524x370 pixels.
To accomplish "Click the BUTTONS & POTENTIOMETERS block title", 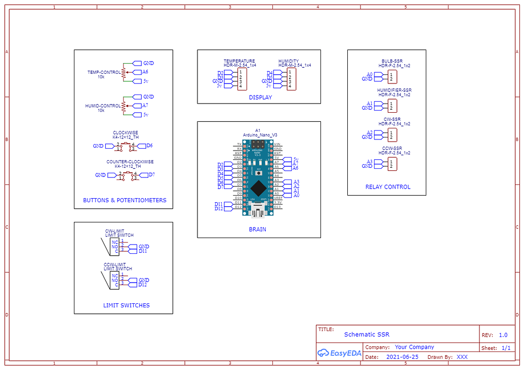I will pos(125,200).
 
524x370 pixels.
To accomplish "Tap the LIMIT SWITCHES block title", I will pos(126,305).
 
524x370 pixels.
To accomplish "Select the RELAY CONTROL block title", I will pos(388,187).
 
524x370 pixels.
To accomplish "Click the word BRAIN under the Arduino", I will pos(257,229).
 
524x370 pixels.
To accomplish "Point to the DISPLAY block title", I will pos(260,98).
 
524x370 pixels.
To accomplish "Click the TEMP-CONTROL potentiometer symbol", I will pos(123,72).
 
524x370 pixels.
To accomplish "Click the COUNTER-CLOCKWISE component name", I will pos(130,162).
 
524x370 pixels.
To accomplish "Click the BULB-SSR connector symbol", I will pos(392,77).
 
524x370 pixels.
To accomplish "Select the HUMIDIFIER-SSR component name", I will pos(394,90).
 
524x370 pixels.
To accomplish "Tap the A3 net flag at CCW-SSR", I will pos(370,162).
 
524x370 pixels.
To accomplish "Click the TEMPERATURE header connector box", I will pos(243,79).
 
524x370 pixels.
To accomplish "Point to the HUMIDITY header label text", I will pos(288,61).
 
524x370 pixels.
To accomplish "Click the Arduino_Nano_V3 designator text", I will pos(260,135).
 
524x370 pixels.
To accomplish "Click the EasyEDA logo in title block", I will pos(339,353).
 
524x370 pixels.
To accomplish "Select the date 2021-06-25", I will pos(402,357).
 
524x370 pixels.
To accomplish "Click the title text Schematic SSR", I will pos(367,335).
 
